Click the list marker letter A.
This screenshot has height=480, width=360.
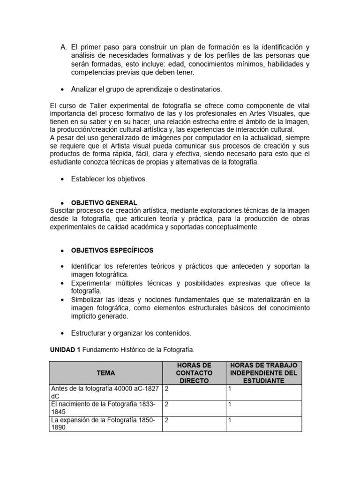64,47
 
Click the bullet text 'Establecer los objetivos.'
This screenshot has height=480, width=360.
109,179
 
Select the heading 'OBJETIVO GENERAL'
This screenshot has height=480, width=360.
104,202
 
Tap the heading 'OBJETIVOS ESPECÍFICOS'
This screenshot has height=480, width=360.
112,250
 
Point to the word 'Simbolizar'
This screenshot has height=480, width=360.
90,300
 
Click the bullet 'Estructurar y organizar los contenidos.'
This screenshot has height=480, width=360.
131,333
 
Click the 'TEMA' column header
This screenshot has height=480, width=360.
105,373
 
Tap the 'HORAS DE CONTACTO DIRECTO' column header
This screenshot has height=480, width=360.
194,373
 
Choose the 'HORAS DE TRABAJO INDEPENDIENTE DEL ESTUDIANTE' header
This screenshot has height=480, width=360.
263,373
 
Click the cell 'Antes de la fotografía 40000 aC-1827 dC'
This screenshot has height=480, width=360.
105,392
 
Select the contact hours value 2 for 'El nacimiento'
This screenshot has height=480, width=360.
167,404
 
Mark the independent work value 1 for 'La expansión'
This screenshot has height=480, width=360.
230,420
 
